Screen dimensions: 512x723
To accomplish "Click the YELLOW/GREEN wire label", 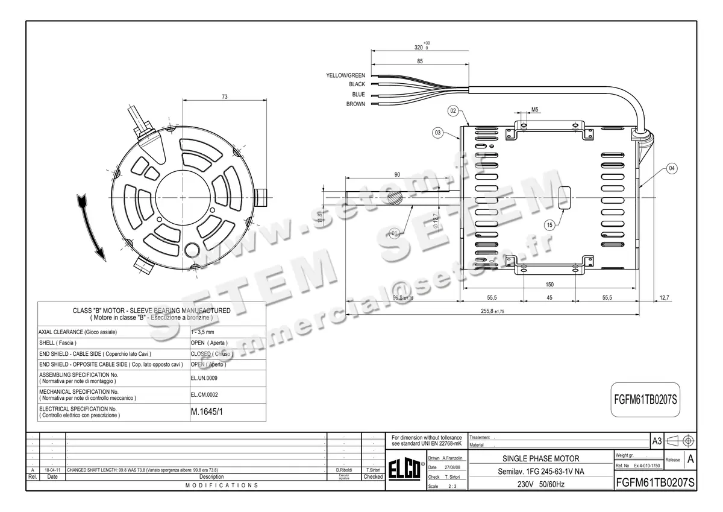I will (345, 75).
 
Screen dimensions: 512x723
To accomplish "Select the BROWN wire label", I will (355, 104).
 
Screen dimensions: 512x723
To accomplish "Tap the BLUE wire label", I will (358, 95).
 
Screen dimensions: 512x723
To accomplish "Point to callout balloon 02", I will (454, 111).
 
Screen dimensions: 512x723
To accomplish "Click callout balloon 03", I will (438, 132).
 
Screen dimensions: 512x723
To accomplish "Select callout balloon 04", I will (672, 168).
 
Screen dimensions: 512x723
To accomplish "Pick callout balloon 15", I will (549, 225).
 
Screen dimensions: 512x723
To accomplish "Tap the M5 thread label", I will (535, 110).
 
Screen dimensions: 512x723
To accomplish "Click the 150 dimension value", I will (549, 285).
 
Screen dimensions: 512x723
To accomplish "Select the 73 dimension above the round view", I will (224, 96).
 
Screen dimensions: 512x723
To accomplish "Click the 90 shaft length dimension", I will (397, 174).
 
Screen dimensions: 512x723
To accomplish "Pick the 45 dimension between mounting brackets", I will (549, 298).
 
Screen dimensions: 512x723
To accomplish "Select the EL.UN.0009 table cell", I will (204, 378).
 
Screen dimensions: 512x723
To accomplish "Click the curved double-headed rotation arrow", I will (90, 227).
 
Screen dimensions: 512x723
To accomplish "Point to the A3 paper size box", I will (657, 441).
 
